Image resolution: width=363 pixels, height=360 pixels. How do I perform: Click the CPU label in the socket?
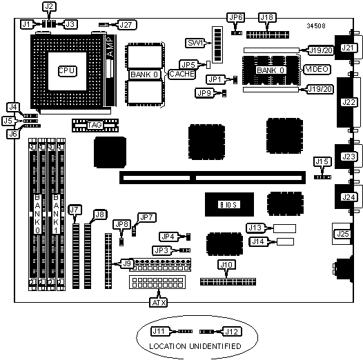click(67, 71)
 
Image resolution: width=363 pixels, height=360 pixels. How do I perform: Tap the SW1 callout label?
click(195, 43)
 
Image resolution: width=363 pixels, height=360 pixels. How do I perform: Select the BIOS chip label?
click(228, 205)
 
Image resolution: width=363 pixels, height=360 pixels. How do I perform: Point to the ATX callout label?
click(159, 302)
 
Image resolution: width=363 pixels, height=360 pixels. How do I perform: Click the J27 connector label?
click(127, 25)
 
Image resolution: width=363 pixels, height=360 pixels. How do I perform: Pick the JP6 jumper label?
click(235, 17)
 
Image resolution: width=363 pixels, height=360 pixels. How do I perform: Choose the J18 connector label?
click(267, 17)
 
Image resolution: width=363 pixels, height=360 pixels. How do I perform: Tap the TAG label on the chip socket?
click(95, 125)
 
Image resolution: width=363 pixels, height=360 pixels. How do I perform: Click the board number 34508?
click(316, 26)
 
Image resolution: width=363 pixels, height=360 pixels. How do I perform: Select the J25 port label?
click(342, 234)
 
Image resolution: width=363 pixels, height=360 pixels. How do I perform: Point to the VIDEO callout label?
click(317, 69)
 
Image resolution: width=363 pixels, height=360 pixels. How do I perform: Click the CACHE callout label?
click(181, 74)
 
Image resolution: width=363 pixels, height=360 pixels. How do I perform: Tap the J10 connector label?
click(226, 264)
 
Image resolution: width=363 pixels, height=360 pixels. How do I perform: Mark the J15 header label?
click(322, 161)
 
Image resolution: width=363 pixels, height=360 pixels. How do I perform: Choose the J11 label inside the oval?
click(159, 331)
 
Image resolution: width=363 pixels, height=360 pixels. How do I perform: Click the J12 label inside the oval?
click(232, 332)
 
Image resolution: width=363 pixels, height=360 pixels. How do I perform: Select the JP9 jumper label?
click(204, 93)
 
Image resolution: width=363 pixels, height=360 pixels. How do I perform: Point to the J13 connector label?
click(255, 228)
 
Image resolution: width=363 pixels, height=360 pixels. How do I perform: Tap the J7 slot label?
click(75, 210)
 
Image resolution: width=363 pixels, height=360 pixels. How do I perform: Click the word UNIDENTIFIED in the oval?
click(215, 346)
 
